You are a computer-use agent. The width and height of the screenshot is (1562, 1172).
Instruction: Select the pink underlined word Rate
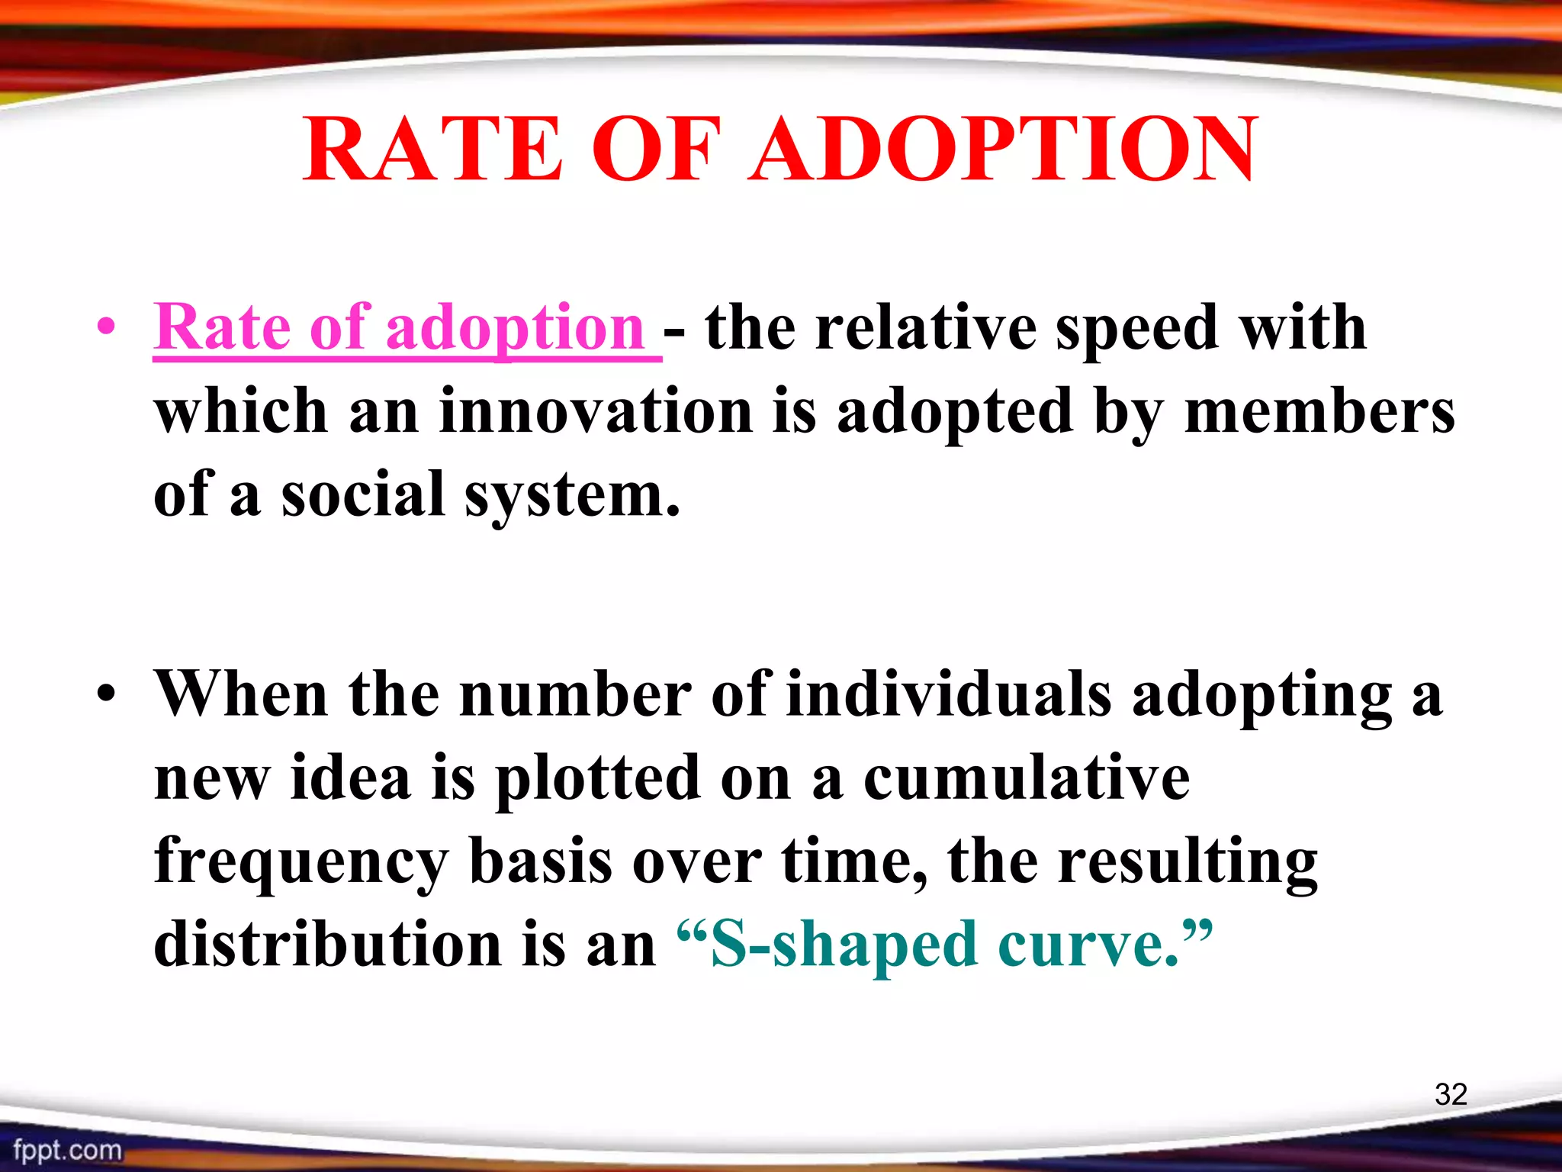(x=222, y=327)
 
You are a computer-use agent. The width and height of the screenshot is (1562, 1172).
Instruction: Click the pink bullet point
(x=107, y=328)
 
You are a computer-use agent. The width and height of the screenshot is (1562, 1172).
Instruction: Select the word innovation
(x=596, y=411)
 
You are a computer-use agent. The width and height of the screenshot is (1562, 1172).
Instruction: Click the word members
(x=1319, y=411)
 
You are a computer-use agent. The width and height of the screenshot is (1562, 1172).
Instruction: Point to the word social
(x=363, y=494)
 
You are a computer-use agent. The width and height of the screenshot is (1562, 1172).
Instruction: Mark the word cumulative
(x=1026, y=778)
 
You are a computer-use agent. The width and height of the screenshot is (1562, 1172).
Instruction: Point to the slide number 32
(x=1451, y=1094)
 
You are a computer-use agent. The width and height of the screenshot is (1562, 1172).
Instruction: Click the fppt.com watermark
(x=67, y=1150)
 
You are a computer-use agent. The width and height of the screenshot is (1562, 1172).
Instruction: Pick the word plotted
(x=597, y=779)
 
